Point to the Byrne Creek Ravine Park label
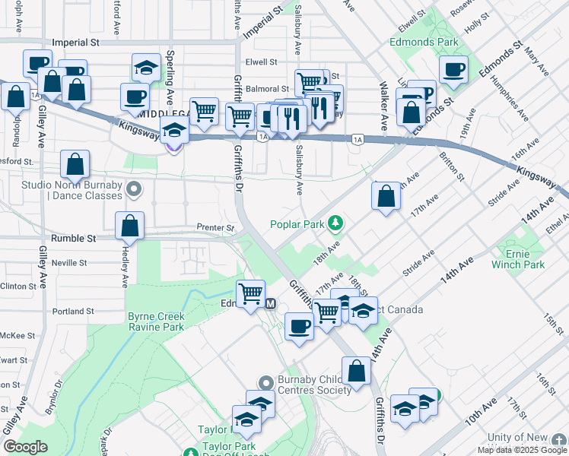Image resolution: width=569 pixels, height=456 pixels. [x=156, y=321]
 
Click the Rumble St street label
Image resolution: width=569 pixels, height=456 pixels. [x=73, y=238]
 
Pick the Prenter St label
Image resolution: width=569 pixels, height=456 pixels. [x=216, y=227]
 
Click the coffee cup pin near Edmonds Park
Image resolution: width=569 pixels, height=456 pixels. [x=454, y=69]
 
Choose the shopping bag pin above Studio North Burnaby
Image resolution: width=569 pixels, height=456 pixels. [x=75, y=163]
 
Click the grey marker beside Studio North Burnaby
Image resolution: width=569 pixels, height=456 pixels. [x=135, y=188]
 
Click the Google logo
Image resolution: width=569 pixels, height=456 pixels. [x=25, y=446]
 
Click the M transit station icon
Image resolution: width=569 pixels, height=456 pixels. [x=269, y=303]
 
